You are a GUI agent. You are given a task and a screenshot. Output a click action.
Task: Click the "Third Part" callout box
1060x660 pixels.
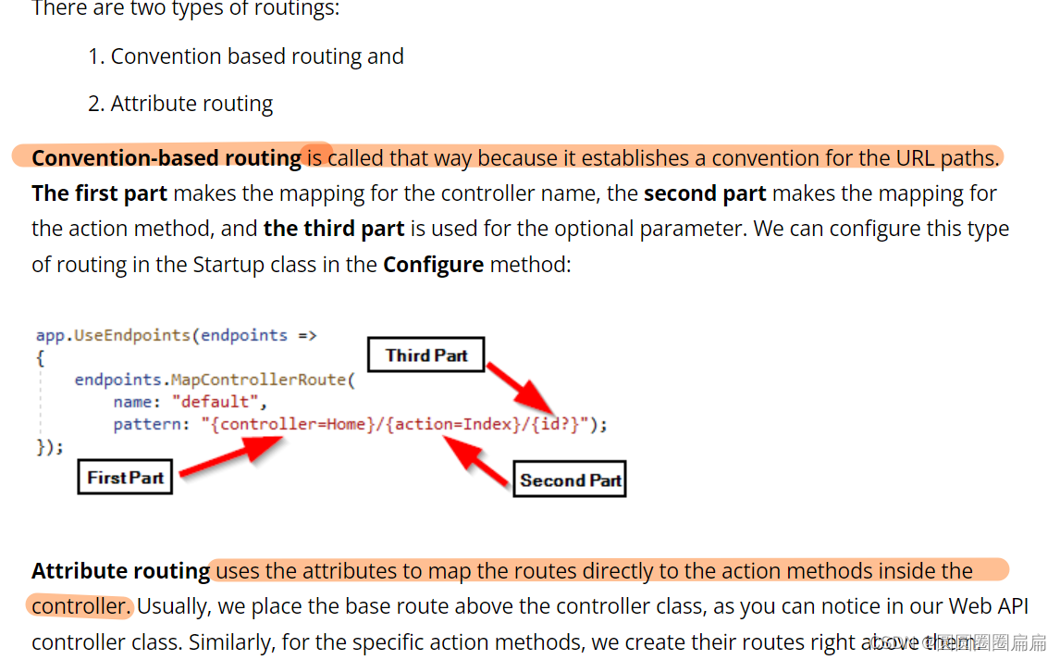tap(426, 355)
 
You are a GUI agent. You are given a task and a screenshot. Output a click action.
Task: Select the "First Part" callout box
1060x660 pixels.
tap(125, 478)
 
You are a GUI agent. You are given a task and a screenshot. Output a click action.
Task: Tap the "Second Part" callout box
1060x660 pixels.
tap(570, 479)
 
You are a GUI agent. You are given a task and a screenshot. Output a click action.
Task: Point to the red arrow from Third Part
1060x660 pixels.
tap(523, 389)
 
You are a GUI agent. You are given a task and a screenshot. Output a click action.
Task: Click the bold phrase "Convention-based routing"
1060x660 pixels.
tap(166, 158)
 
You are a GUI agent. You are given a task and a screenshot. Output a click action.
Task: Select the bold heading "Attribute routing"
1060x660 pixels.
tap(120, 571)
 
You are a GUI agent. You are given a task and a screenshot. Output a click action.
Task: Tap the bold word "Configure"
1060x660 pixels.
tap(433, 265)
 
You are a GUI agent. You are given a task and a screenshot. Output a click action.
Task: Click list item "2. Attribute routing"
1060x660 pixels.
tap(180, 104)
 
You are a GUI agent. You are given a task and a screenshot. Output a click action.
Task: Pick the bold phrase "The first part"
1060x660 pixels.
tap(99, 193)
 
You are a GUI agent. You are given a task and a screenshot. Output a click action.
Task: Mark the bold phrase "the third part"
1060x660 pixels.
tap(334, 229)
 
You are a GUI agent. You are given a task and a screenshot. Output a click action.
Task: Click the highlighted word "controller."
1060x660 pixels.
tap(81, 606)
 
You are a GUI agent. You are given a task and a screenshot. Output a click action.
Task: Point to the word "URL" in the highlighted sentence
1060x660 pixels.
tap(916, 158)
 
